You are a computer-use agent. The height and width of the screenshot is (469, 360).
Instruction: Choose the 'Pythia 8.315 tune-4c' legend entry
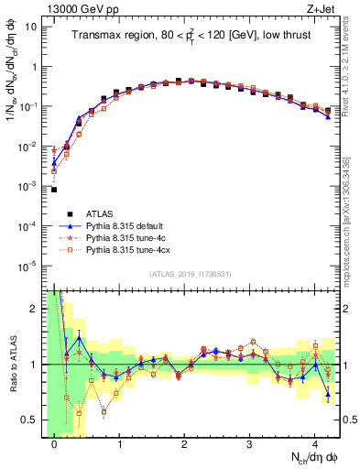(127, 236)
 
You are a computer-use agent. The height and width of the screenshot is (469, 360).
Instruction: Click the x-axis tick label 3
(250, 444)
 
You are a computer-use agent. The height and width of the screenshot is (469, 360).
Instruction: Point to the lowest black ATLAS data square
(54, 190)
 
